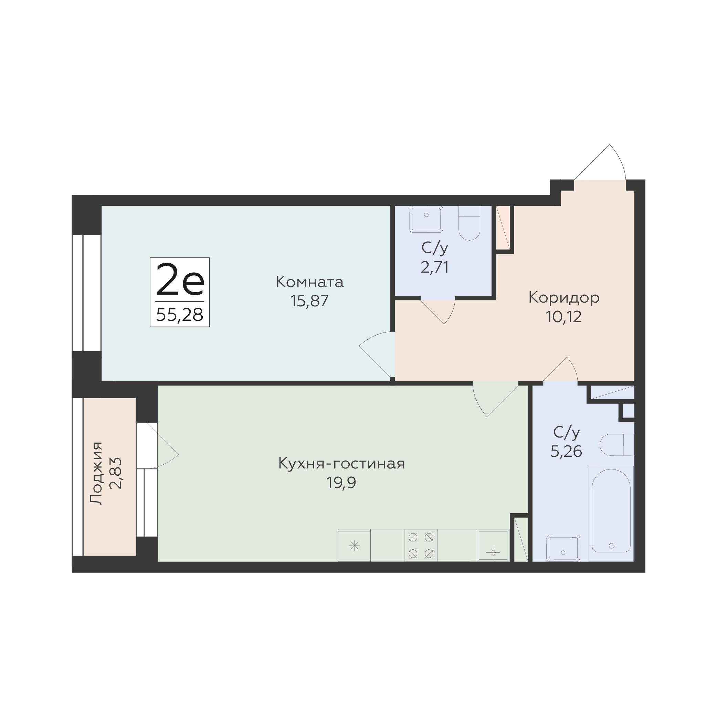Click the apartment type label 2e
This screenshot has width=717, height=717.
point(180,279)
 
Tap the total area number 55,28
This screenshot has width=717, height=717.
point(180,315)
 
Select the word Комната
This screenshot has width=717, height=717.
point(309,282)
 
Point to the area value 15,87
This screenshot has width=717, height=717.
point(309,301)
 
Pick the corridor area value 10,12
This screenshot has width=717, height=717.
point(563,317)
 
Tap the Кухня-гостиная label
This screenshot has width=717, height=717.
point(341,464)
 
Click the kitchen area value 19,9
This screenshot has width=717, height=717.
point(341,483)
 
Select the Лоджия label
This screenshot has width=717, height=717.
point(96,473)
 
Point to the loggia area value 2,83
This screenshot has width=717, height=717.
point(116,473)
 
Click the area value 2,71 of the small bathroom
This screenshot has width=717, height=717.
point(435,267)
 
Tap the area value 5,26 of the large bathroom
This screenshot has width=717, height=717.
point(566,451)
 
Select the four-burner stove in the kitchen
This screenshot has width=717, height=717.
point(421,545)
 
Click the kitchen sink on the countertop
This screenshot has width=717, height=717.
point(493,545)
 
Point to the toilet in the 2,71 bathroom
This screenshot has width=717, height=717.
point(469,223)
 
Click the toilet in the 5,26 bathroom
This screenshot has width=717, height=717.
point(616,445)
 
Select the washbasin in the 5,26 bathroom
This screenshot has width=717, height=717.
point(563,548)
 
